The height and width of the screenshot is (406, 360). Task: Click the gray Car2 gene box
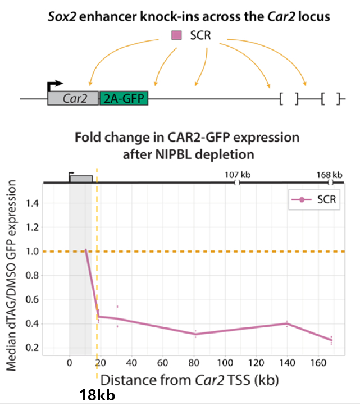pos(72,99)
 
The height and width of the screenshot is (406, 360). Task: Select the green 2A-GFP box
pos(124,99)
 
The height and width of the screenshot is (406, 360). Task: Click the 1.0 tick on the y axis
pos(34,252)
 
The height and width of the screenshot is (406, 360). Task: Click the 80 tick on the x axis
pos(194,363)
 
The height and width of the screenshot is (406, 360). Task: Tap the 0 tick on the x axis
pos(69,363)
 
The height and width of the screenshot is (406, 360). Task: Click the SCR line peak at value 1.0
pos(85,250)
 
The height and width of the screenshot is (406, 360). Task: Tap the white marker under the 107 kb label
pos(237,183)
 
